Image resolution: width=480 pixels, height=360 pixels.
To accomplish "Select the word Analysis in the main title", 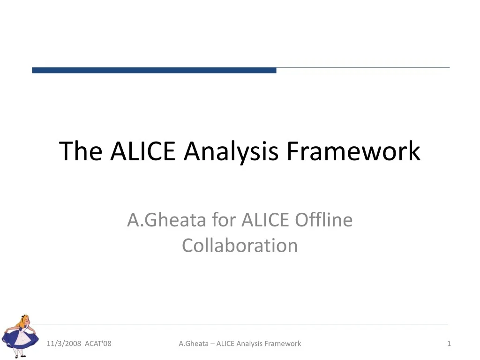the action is tap(231, 152).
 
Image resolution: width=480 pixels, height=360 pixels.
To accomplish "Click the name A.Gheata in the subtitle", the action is tap(166, 220).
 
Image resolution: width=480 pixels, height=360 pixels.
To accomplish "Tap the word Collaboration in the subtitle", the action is tap(240, 245).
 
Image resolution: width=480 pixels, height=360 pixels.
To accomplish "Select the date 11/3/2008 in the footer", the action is tap(64, 344).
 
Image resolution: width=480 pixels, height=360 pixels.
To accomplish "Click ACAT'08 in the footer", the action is tap(98, 344).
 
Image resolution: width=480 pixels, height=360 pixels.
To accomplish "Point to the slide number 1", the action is tap(449, 344).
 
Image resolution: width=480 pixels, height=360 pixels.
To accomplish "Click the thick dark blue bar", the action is tap(154, 70).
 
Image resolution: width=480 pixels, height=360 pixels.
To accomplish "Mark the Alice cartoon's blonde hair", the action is tap(23, 321).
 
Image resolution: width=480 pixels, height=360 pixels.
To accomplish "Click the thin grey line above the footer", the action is tap(240, 324).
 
